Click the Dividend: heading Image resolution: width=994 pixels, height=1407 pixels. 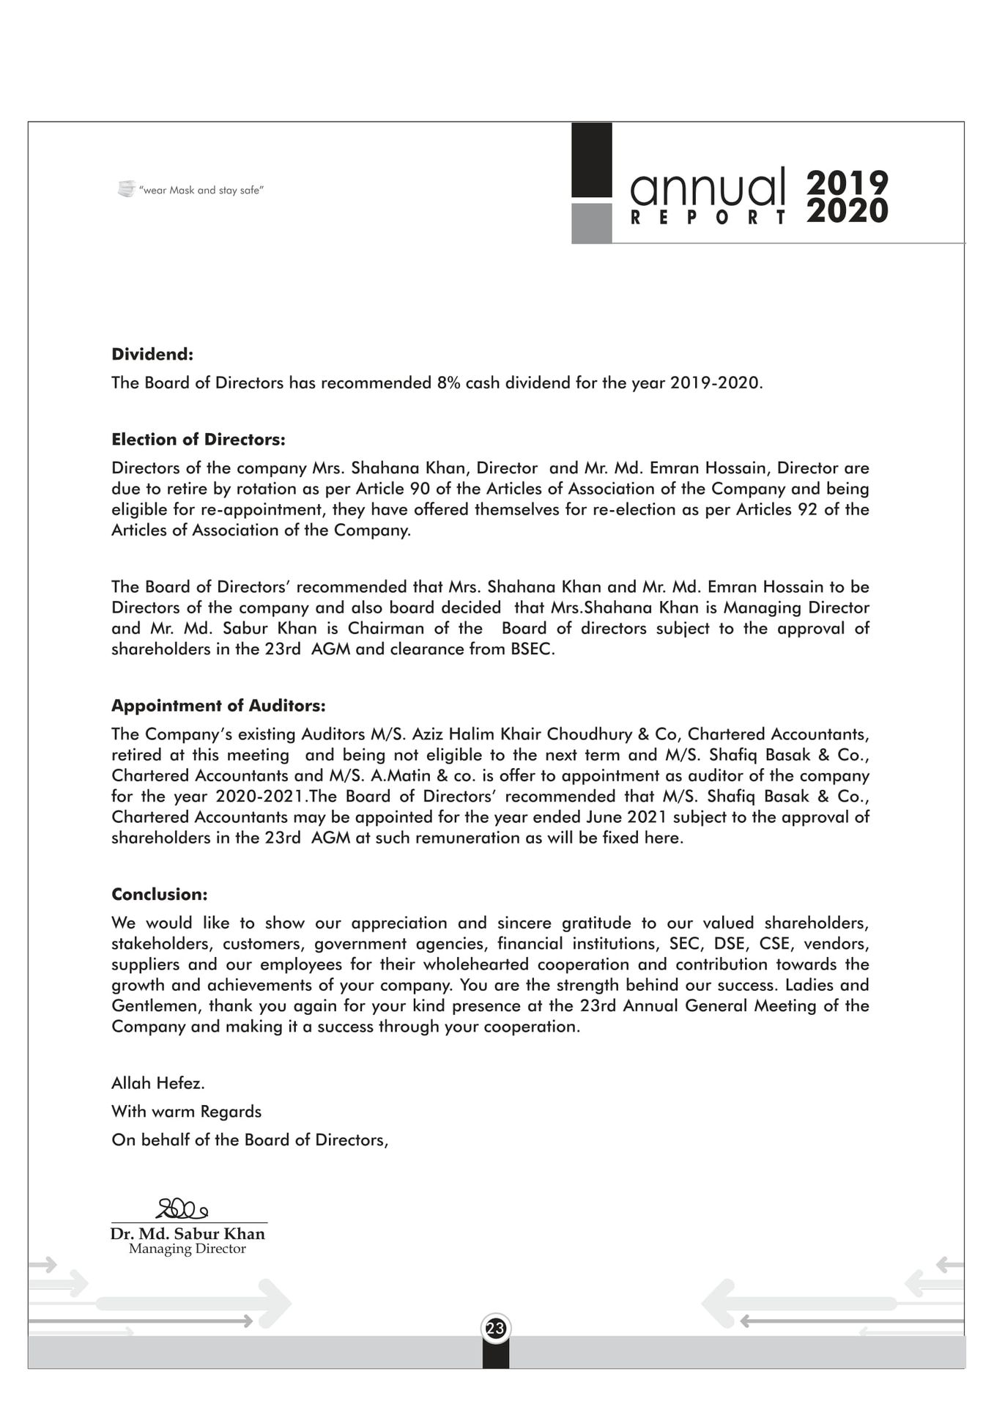pos(152,355)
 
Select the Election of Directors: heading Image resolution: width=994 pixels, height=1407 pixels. pos(198,440)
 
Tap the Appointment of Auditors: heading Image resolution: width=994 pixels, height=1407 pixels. pos(218,706)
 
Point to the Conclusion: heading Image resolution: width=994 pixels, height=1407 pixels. pos(160,894)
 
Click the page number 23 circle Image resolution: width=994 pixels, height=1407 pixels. pos(496,1328)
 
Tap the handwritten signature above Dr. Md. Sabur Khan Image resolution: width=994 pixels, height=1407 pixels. pos(182,1208)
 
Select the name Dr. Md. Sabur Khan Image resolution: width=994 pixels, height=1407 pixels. pos(188,1233)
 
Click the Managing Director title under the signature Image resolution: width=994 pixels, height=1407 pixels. pos(188,1249)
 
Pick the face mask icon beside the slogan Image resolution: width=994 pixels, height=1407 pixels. pos(126,189)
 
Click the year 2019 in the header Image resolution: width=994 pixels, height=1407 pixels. pos(848,182)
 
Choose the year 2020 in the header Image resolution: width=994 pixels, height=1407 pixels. pos(848,211)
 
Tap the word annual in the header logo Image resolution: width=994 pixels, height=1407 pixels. pos(707,188)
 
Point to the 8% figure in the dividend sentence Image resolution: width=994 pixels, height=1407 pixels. pos(448,383)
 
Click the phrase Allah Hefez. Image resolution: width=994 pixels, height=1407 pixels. pos(158,1083)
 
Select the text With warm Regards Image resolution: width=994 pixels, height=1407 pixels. pos(186,1112)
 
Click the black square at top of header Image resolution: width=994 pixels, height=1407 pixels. pos(591,160)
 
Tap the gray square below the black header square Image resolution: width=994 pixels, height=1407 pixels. pos(591,223)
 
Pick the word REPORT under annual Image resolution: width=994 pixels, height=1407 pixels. pos(708,218)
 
